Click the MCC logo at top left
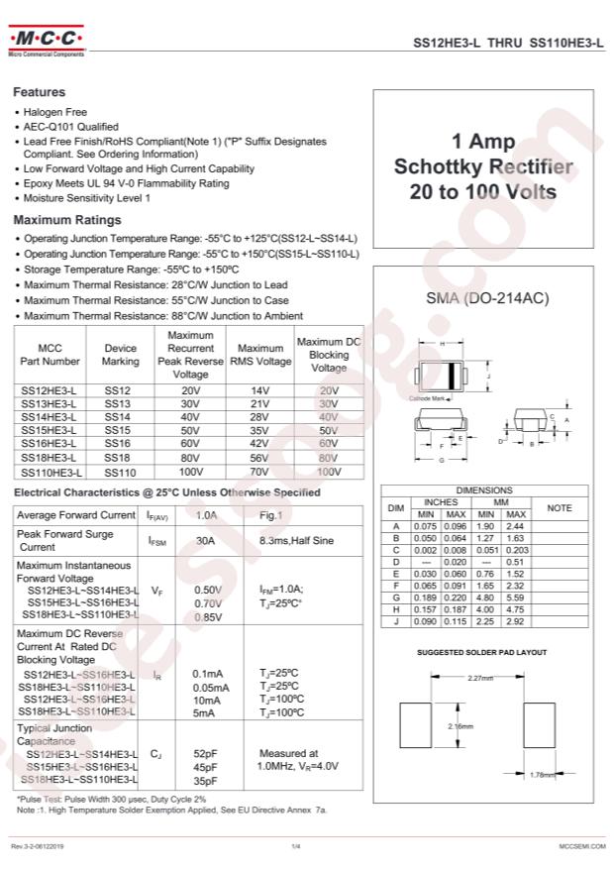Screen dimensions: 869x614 point(47,41)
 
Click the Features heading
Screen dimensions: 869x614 point(39,91)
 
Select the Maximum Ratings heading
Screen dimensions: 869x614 point(66,220)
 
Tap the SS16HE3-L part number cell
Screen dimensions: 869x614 point(49,445)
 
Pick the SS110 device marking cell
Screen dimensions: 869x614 point(120,473)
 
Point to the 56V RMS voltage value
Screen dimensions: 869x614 point(260,459)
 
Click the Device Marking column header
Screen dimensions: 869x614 point(121,355)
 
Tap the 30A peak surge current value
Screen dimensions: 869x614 point(205,541)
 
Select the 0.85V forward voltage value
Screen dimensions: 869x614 point(208,617)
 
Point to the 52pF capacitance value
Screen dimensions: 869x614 point(205,753)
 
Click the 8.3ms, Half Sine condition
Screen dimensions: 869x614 point(296,541)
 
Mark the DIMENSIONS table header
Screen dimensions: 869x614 point(483,490)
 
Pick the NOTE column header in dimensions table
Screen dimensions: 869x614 point(560,508)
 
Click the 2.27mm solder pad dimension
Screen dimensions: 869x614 point(480,679)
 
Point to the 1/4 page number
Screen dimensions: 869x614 point(295,845)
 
